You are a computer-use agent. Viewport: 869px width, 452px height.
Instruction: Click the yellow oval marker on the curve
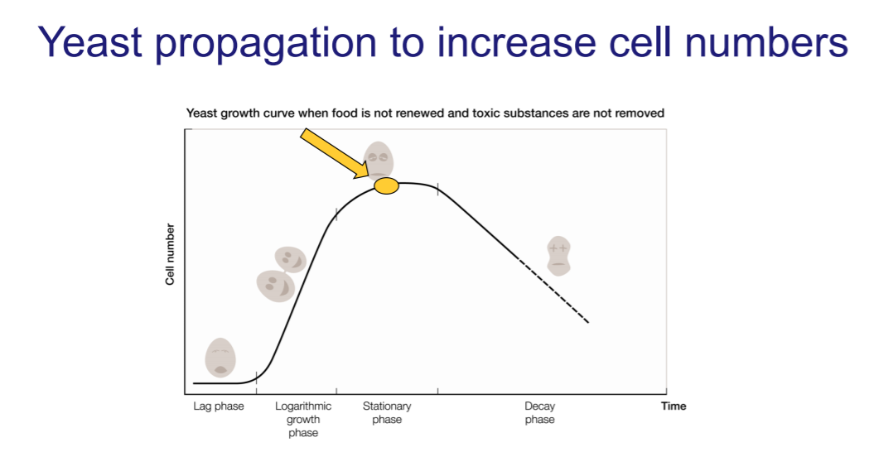386,186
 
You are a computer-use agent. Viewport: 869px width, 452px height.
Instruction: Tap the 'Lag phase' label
219,406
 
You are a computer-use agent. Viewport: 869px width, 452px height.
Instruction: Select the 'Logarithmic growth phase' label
303,420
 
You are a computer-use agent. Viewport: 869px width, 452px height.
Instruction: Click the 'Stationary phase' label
387,413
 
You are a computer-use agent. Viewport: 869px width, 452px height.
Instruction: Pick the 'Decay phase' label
539,413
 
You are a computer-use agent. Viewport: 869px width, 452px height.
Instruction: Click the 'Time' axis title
673,406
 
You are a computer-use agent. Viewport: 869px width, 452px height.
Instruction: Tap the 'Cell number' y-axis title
170,255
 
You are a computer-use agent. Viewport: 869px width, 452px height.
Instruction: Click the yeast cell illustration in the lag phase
220,357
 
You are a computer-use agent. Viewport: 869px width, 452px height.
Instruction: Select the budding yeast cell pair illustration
280,274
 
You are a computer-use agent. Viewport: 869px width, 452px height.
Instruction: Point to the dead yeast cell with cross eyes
558,255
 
